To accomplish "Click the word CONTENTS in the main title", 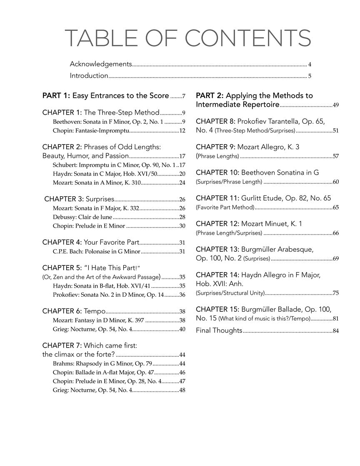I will click(x=247, y=38).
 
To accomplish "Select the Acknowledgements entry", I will click(x=101, y=64).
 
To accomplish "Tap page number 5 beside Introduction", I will click(x=310, y=76).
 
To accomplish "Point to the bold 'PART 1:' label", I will click(x=56, y=96).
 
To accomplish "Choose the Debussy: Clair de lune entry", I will click(x=82, y=217).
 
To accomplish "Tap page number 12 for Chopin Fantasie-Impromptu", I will click(x=182, y=131).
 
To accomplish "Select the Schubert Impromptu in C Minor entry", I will click(x=112, y=165).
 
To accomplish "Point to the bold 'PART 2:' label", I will click(x=210, y=96).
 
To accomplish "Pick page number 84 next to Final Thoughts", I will click(x=335, y=331).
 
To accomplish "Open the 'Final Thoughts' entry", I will click(x=219, y=331).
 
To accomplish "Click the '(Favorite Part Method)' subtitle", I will click(x=225, y=207).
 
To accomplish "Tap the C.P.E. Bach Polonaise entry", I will click(x=97, y=252).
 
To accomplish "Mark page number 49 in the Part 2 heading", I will click(x=335, y=105).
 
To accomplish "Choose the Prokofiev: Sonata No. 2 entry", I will click(x=108, y=295).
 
